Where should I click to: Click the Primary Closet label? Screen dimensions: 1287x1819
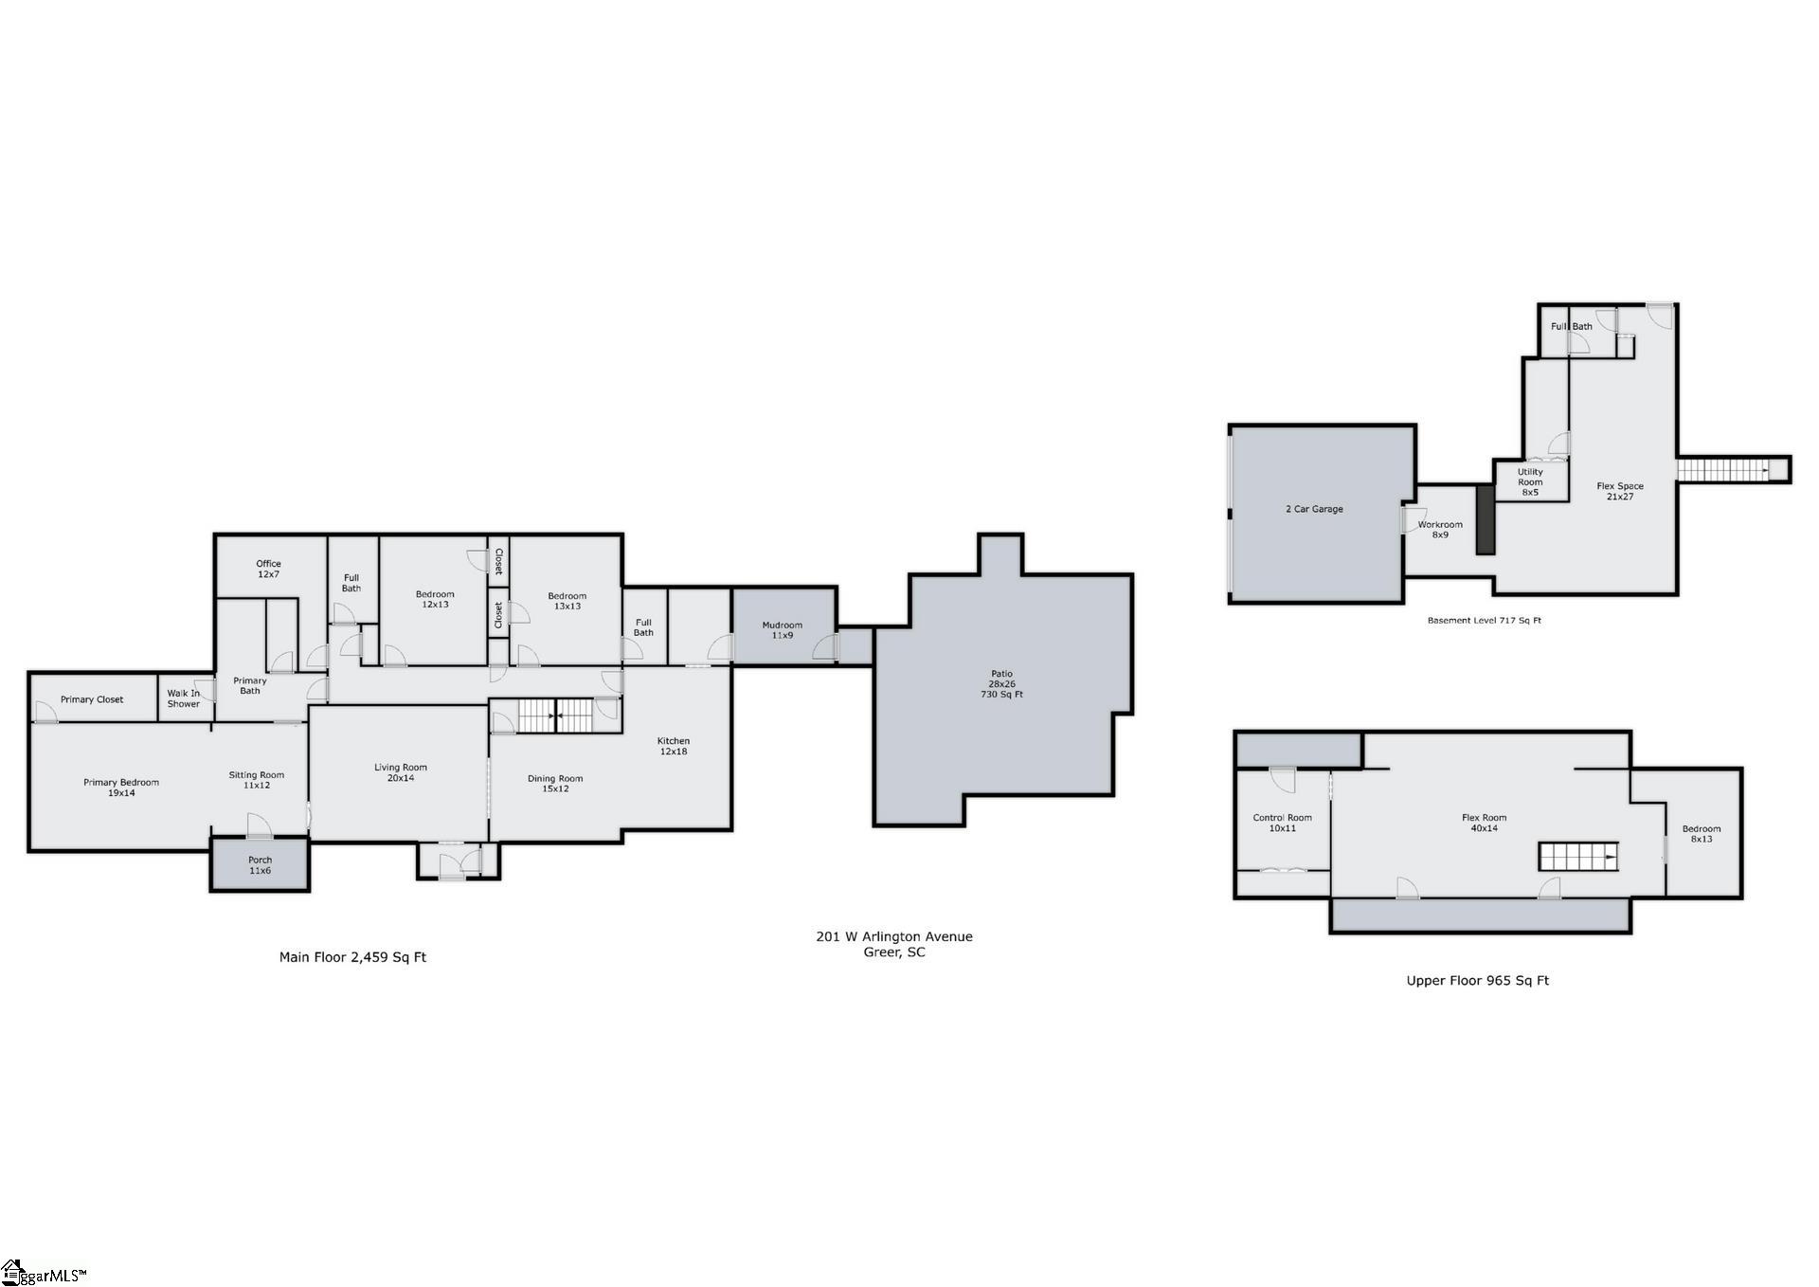coord(92,699)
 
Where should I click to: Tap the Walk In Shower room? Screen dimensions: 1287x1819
coord(184,698)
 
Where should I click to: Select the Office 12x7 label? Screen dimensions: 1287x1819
coord(268,569)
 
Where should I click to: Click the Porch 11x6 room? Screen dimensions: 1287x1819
coord(260,864)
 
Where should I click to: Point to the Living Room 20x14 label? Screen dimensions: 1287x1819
coord(400,772)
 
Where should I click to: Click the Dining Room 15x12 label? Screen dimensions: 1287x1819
coord(555,783)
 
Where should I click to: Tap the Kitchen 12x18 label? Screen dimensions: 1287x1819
coord(674,746)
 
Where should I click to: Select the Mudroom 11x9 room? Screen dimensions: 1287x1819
coord(782,629)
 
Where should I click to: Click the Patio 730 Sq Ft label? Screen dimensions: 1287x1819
coord(1001,684)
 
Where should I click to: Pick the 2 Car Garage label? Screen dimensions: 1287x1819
coord(1314,509)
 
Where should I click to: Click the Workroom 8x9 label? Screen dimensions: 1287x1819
coord(1440,529)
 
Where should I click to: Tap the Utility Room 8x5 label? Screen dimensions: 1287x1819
coord(1530,481)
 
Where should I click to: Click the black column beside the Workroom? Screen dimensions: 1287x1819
coord(1485,519)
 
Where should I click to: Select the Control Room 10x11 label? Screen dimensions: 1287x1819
coord(1282,823)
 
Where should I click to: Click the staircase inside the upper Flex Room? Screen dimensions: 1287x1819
coord(1577,857)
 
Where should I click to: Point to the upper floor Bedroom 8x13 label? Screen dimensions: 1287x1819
coord(1702,833)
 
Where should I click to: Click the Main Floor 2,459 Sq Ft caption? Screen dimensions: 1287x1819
coord(352,957)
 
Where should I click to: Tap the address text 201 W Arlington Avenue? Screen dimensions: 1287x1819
coord(893,936)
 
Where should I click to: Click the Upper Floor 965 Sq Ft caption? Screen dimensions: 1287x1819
coord(1477,981)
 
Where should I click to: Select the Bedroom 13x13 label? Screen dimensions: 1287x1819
coord(567,601)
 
